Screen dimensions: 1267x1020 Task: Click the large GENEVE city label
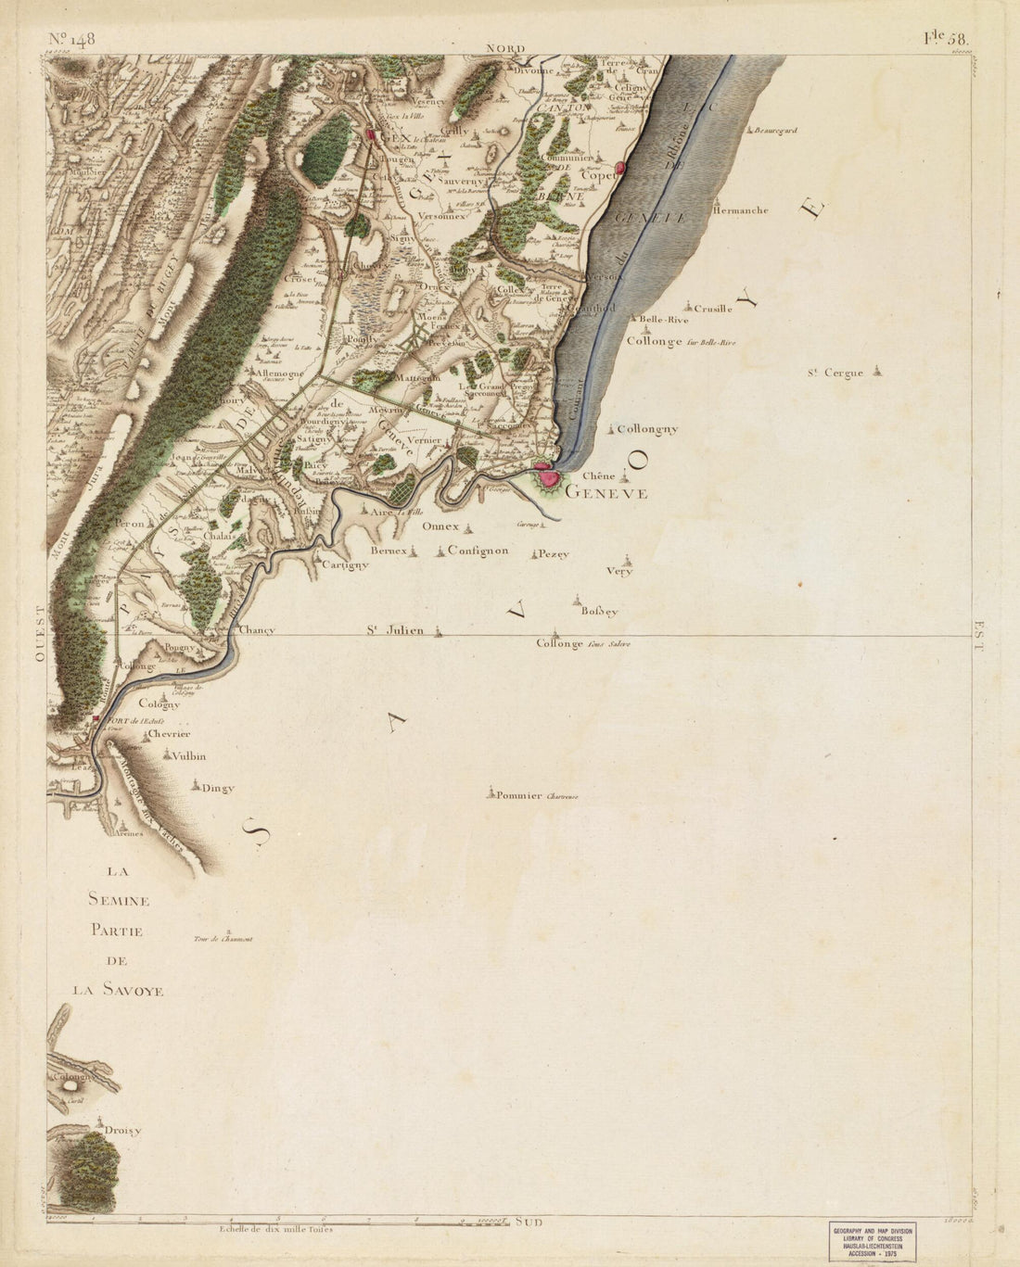(606, 493)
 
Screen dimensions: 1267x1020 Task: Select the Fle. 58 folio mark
(944, 39)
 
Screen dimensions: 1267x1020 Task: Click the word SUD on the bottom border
(528, 1223)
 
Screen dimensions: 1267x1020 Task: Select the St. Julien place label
(393, 630)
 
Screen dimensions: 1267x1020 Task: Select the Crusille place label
(712, 309)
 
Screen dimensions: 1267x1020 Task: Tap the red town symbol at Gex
(373, 135)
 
